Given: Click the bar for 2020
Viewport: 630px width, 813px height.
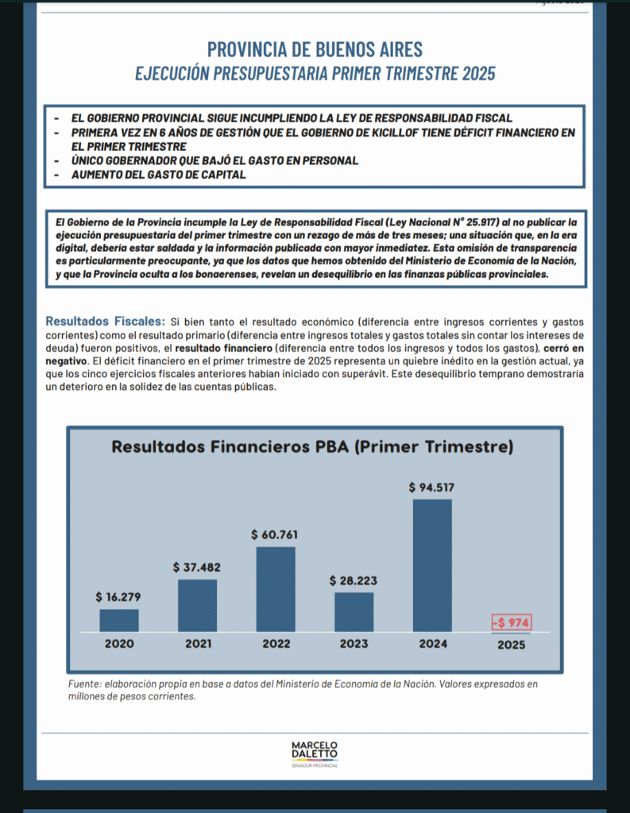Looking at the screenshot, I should pos(119,620).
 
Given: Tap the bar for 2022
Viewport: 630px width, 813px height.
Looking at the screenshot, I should pos(276,588).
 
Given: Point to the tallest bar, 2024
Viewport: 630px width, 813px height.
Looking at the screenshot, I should pos(432,564).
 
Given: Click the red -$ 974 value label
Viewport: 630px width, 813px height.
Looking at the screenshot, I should pos(511,623).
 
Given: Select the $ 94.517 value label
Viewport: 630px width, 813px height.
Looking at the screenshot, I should pos(432,487).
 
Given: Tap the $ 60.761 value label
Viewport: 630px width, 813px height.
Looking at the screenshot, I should pos(276,534).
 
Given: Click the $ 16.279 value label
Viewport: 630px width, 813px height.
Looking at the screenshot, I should pos(119,597).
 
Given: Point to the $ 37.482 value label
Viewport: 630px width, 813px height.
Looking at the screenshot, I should pos(197,568).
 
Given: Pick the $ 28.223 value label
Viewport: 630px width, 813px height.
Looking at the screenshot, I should pos(354,580).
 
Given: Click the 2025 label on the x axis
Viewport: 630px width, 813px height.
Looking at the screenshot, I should pos(511,645).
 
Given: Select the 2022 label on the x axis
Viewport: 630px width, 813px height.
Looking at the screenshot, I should pos(276,644).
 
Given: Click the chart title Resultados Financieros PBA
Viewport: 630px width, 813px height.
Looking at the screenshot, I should pos(312,447).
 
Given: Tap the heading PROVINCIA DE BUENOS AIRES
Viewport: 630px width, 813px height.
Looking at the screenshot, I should pos(315,49).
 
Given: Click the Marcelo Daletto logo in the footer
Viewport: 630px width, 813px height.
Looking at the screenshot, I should pos(315,753).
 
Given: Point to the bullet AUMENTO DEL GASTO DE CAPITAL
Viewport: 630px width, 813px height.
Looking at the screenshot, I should pos(158,175).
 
